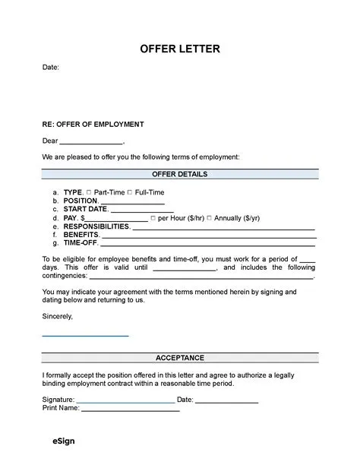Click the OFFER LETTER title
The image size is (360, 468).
(180, 49)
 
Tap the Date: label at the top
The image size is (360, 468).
(51, 68)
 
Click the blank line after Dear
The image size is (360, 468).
(90, 142)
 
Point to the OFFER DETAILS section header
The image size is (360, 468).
(180, 175)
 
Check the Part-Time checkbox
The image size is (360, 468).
(90, 193)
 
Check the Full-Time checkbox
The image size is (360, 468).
(129, 193)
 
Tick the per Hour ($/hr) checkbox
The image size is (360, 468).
(153, 219)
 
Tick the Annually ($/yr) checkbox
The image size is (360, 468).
(210, 219)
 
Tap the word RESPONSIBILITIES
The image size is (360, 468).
(96, 226)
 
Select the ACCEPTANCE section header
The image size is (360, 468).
(180, 356)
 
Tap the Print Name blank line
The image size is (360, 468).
(131, 409)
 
